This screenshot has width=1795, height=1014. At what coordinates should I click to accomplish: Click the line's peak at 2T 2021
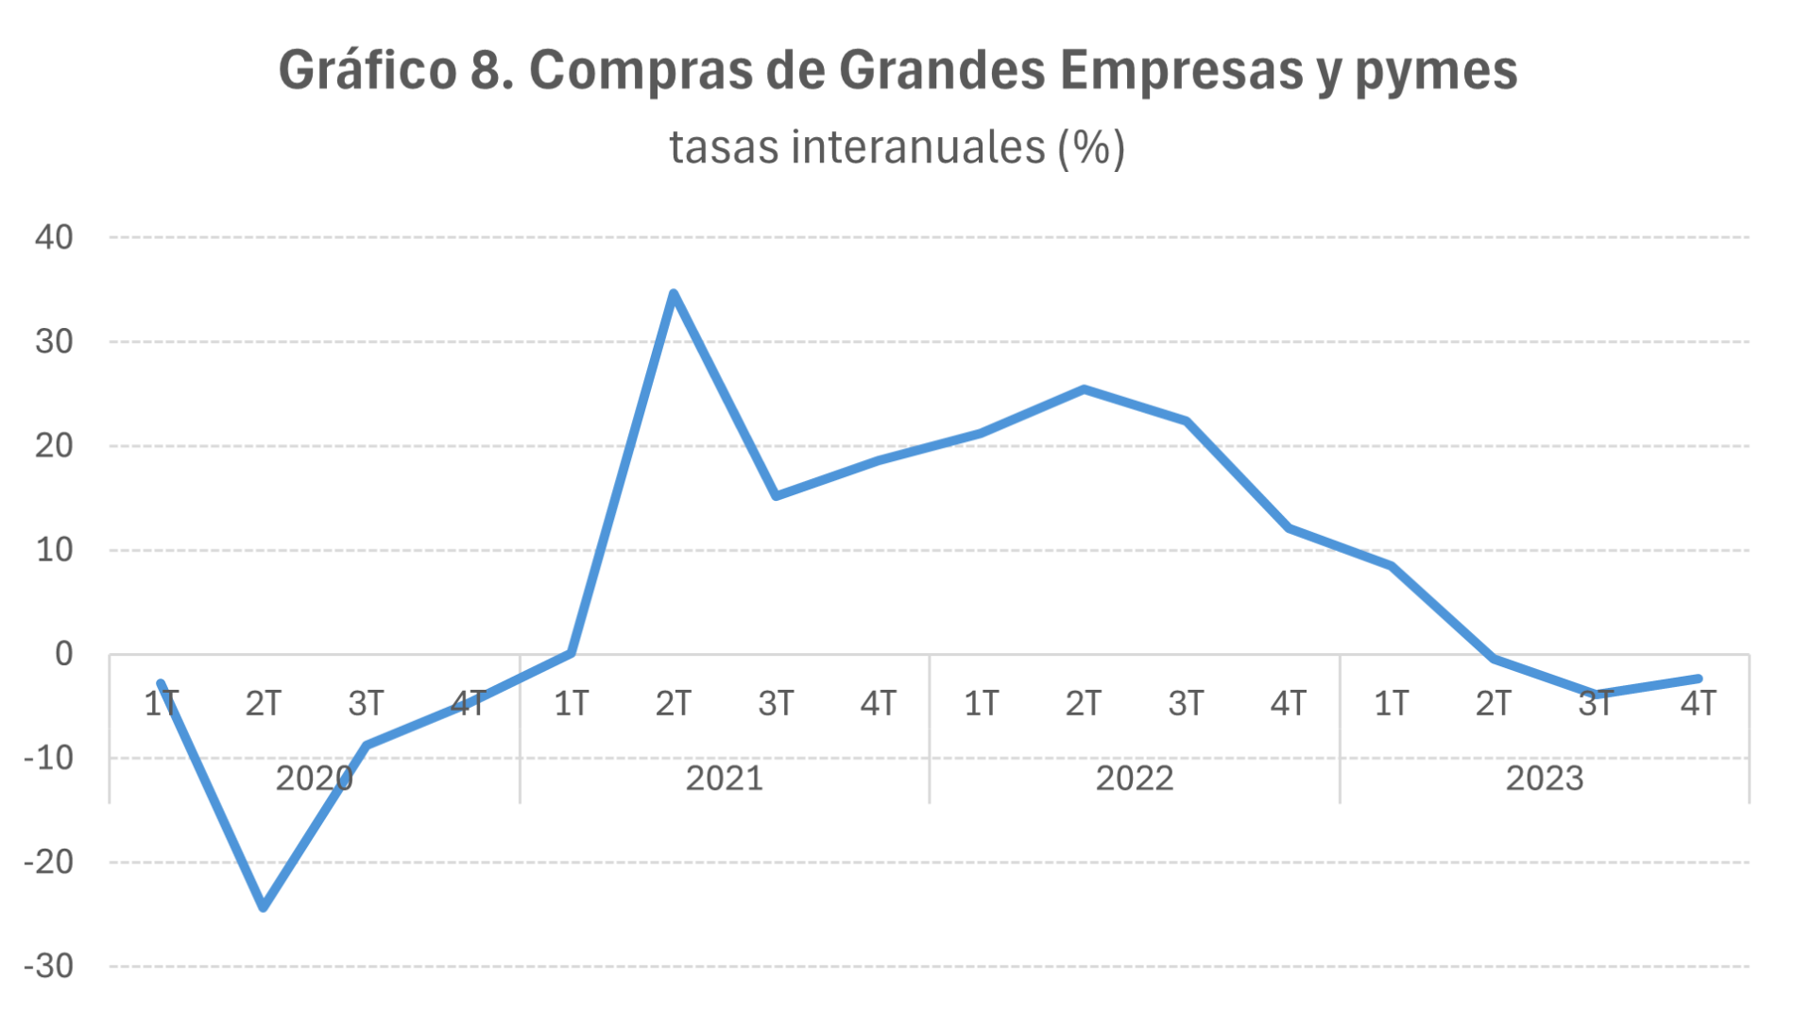673,294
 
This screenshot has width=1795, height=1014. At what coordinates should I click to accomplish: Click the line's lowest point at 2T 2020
264,907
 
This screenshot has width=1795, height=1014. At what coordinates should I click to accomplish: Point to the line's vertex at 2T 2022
1084,389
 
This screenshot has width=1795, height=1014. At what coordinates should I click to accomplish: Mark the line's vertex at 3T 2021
776,495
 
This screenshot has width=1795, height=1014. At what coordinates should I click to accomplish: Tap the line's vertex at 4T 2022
1289,528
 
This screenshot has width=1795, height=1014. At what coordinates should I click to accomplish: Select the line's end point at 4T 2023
1698,679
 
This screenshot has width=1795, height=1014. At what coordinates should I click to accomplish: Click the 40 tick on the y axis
54,237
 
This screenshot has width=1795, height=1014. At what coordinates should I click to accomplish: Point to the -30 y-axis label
49,967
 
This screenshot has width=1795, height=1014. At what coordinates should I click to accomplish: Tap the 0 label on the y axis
63,654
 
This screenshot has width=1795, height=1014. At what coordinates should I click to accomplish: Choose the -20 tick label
49,862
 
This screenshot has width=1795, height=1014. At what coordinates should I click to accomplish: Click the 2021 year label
724,779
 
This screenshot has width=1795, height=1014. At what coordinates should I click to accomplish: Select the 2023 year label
1544,779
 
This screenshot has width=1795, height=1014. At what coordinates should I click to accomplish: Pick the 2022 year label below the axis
1134,779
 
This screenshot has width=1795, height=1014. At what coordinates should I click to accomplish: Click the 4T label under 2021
878,704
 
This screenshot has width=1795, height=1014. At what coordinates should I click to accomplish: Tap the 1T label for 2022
981,704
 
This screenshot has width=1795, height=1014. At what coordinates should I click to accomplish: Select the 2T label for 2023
1493,704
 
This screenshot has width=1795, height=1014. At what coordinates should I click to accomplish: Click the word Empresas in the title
1181,70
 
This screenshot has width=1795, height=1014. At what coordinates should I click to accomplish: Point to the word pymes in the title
1436,72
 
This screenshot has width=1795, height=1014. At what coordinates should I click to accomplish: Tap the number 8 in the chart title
486,70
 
